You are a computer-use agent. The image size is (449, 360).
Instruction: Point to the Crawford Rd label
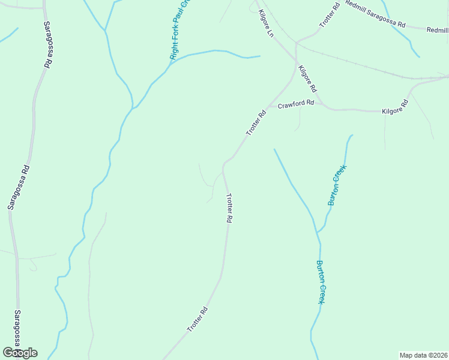pos(296,104)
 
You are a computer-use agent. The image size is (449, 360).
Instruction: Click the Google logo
pos(20,353)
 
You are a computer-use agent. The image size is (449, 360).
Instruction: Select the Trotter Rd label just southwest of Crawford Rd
pos(255,124)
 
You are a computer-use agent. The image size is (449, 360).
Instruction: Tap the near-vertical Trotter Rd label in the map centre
pos(228,208)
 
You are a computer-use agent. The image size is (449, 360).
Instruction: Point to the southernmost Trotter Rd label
pos(197,320)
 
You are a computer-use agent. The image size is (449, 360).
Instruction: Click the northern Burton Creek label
pos(337,186)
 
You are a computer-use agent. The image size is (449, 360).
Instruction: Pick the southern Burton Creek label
pos(321,282)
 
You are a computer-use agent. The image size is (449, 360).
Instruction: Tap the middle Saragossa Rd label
pos(18,188)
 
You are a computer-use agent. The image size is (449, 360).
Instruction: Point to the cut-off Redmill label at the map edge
pos(437,29)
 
